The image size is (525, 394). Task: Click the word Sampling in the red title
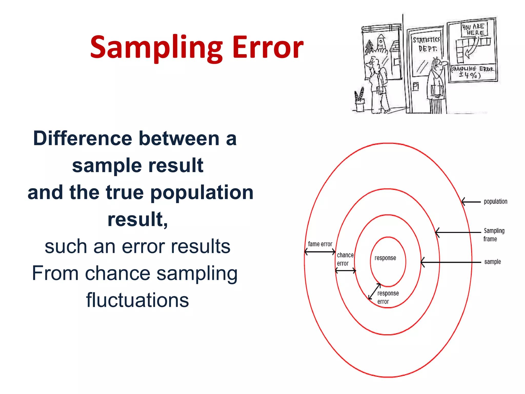pyautogui.click(x=156, y=48)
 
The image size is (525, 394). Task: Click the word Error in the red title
pyautogui.click(x=268, y=48)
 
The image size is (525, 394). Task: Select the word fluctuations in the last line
pyautogui.click(x=137, y=300)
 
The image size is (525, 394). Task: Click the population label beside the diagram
pyautogui.click(x=495, y=202)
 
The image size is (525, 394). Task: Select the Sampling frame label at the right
pyautogui.click(x=493, y=234)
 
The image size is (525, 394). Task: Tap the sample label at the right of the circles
pyautogui.click(x=492, y=262)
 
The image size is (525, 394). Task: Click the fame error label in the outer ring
pyautogui.click(x=320, y=244)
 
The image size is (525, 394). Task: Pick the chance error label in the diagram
pyautogui.click(x=345, y=259)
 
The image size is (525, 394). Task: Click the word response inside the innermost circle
pyautogui.click(x=385, y=258)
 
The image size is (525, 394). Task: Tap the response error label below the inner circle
pyautogui.click(x=388, y=297)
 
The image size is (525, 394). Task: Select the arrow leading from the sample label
pyautogui.click(x=451, y=262)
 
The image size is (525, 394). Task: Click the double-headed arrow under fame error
pyautogui.click(x=320, y=252)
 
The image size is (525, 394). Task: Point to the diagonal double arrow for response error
pyautogui.click(x=374, y=291)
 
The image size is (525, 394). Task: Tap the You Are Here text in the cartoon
pyautogui.click(x=473, y=29)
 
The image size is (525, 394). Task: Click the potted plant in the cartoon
pyautogui.click(x=359, y=100)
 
